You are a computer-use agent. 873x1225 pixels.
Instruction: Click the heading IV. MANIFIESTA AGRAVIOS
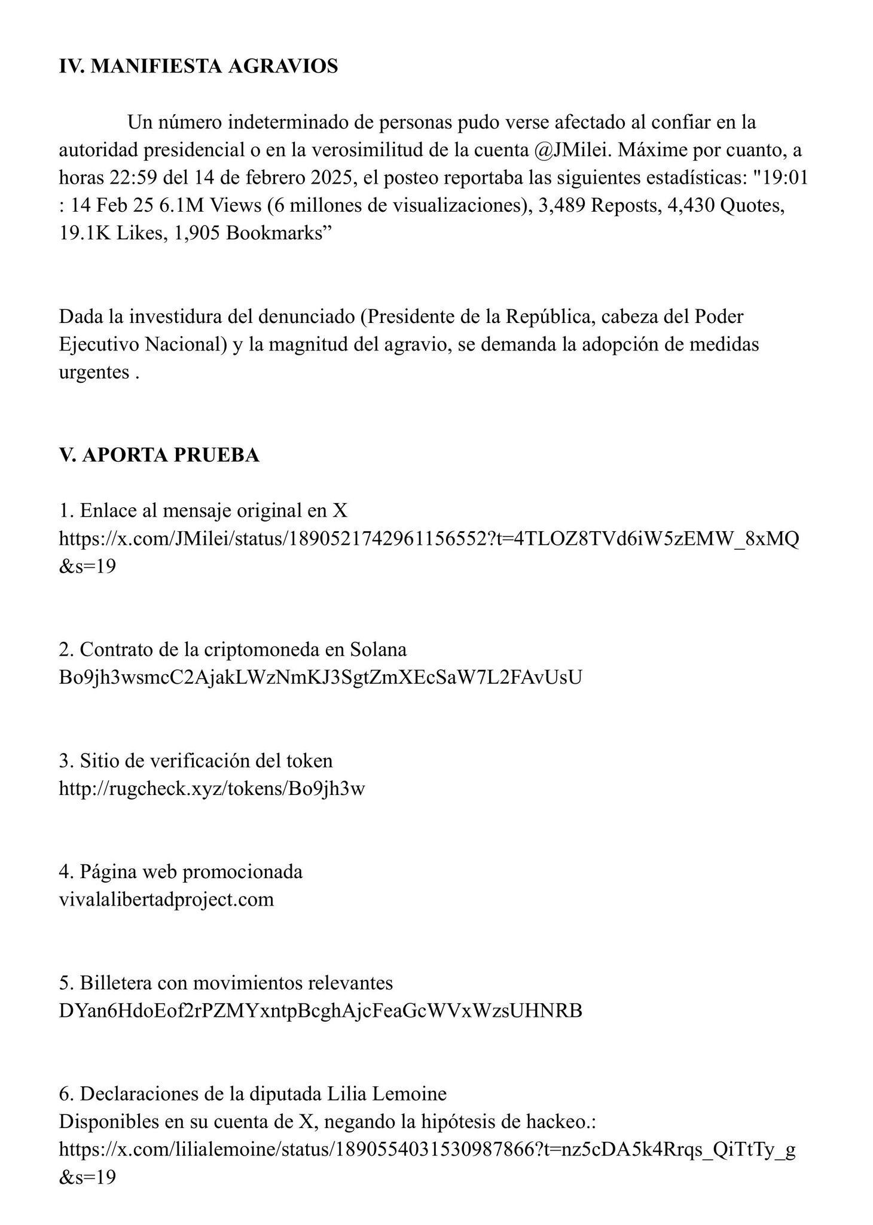(x=198, y=66)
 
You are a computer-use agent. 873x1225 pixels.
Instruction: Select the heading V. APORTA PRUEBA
(x=159, y=455)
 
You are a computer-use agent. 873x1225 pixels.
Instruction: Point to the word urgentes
(x=94, y=372)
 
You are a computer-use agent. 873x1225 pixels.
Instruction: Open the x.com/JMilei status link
(x=428, y=539)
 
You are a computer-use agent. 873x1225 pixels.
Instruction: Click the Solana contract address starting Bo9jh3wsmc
(x=320, y=677)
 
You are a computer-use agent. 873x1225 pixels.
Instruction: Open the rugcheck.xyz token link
(x=212, y=788)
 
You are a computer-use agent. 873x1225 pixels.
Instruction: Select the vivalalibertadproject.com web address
(x=166, y=899)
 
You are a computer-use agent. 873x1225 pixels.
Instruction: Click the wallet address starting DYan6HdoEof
(x=320, y=1010)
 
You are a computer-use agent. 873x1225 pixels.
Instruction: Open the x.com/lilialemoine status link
(x=427, y=1149)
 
